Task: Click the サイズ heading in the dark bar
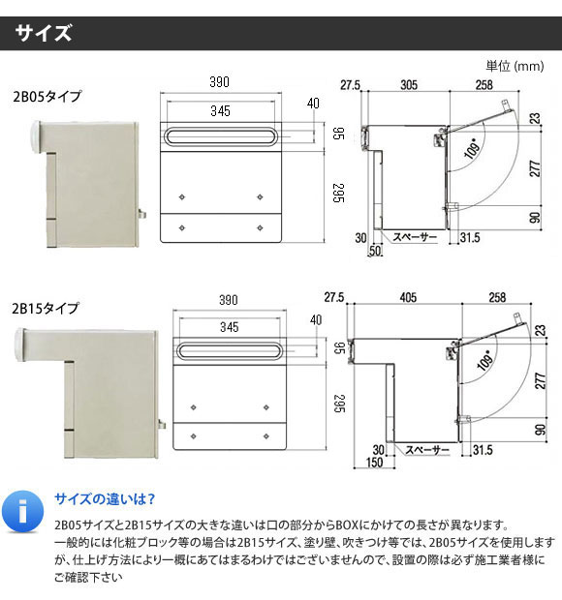(44, 33)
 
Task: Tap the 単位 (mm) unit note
(515, 66)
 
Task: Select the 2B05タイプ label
(47, 96)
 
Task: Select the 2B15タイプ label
(46, 308)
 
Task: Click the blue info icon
(23, 511)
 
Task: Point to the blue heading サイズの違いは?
(105, 499)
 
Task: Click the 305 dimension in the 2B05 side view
(409, 84)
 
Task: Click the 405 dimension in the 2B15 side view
(408, 297)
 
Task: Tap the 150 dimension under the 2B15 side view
(374, 463)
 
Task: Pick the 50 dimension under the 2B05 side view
(375, 251)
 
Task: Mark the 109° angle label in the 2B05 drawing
(472, 148)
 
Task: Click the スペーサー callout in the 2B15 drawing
(426, 450)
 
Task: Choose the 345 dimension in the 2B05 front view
(220, 111)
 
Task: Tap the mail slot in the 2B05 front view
(220, 136)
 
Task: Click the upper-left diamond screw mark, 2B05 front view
(182, 197)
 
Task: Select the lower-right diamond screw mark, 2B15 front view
(266, 436)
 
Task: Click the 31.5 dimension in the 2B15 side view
(483, 450)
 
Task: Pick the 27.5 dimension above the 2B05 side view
(350, 85)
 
